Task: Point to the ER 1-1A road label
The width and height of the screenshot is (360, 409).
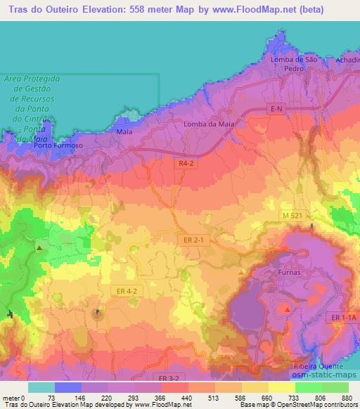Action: (x=345, y=318)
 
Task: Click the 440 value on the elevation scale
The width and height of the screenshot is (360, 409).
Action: (x=186, y=398)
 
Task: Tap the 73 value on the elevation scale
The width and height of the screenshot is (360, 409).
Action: (x=51, y=398)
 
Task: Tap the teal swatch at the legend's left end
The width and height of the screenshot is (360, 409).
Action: (x=41, y=387)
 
